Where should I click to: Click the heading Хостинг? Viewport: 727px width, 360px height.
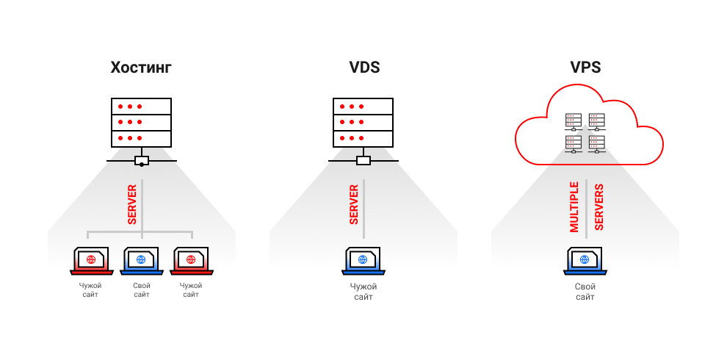(141, 68)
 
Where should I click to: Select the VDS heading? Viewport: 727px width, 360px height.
(364, 68)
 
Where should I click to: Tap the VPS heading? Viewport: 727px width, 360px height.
(585, 68)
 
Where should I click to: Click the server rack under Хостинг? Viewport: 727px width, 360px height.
(141, 122)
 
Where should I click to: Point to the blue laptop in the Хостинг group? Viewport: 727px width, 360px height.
(141, 260)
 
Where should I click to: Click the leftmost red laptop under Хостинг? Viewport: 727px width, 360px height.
(90, 260)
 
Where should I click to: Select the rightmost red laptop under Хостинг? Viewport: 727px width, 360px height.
(191, 260)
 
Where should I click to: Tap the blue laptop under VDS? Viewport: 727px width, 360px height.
(363, 260)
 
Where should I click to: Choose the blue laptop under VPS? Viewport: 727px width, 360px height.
(585, 260)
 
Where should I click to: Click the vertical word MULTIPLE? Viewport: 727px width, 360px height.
(574, 206)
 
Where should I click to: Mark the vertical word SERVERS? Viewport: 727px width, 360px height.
(598, 206)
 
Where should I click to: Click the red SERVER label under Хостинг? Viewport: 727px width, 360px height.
(132, 205)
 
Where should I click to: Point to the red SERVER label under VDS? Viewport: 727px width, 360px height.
(354, 205)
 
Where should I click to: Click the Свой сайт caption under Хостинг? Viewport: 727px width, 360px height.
(141, 289)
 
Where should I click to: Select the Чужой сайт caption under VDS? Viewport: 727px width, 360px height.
(363, 291)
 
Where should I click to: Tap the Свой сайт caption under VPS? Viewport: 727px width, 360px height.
(585, 291)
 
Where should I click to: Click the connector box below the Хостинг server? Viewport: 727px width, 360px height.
(142, 161)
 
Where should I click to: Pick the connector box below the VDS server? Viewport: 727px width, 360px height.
(363, 161)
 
